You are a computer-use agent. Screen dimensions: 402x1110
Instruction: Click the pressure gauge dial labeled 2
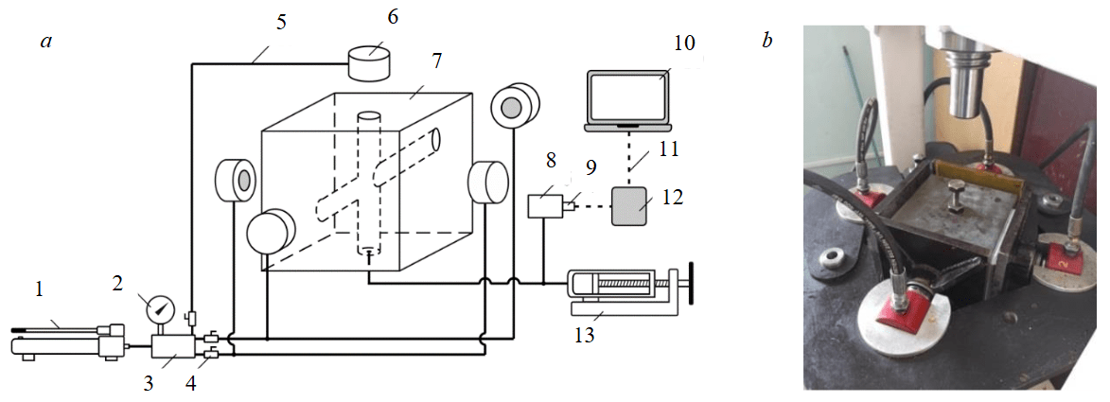[161, 307]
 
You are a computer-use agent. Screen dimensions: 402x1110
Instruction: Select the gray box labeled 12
[630, 205]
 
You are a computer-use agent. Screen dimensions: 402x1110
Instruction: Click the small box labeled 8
[544, 205]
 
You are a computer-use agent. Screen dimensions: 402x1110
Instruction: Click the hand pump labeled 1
[66, 341]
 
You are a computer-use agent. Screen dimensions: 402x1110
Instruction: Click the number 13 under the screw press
[584, 334]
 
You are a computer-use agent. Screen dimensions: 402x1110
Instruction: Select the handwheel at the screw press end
[689, 284]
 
